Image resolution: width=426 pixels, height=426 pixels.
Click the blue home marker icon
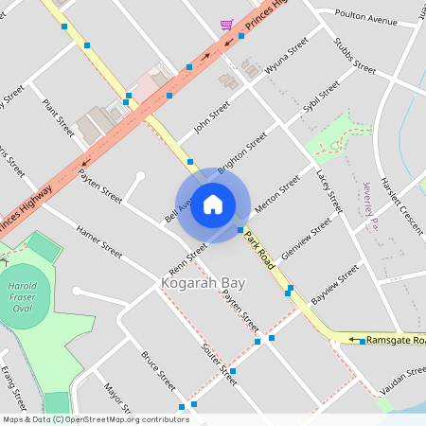(213, 204)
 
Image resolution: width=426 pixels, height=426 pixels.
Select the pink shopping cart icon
(226, 26)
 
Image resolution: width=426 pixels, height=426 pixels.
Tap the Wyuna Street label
(287, 58)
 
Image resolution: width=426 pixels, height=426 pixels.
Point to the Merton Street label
(276, 186)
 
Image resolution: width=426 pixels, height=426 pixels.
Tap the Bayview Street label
(335, 279)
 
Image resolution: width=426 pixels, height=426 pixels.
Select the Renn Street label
(189, 253)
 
